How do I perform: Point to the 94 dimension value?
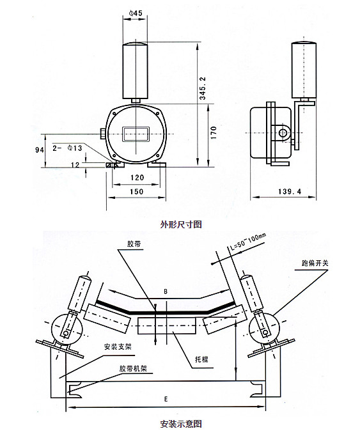pyautogui.click(x=38, y=150)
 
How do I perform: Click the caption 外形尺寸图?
pyautogui.click(x=181, y=225)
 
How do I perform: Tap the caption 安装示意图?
pyautogui.click(x=181, y=424)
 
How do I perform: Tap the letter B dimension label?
pyautogui.click(x=166, y=292)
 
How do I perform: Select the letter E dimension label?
pyautogui.click(x=166, y=399)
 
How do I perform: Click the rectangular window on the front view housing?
pyautogui.click(x=135, y=133)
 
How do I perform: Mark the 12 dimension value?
pyautogui.click(x=76, y=164)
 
